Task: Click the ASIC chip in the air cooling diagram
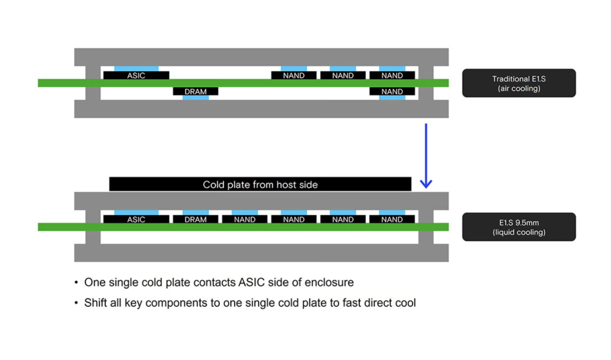pyautogui.click(x=136, y=75)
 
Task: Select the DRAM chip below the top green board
pyautogui.click(x=195, y=91)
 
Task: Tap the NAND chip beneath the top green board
pyautogui.click(x=391, y=91)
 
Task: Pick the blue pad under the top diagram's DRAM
pyautogui.click(x=195, y=97)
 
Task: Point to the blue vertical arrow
pyautogui.click(x=426, y=155)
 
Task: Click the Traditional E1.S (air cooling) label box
pyautogui.click(x=519, y=83)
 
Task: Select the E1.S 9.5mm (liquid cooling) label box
pyautogui.click(x=519, y=227)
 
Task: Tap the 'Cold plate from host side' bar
pyautogui.click(x=260, y=185)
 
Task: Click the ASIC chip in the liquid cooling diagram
pyautogui.click(x=136, y=219)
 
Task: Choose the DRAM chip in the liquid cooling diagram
pyautogui.click(x=195, y=219)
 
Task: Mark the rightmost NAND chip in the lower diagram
pyautogui.click(x=391, y=219)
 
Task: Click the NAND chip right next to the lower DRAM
pyautogui.click(x=244, y=219)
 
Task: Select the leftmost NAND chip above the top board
pyautogui.click(x=294, y=75)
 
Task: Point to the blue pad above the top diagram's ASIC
pyautogui.click(x=136, y=68)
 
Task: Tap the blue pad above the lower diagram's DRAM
pyautogui.click(x=195, y=213)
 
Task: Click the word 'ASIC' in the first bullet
pyautogui.click(x=251, y=282)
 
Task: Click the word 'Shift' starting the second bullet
pyautogui.click(x=96, y=303)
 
